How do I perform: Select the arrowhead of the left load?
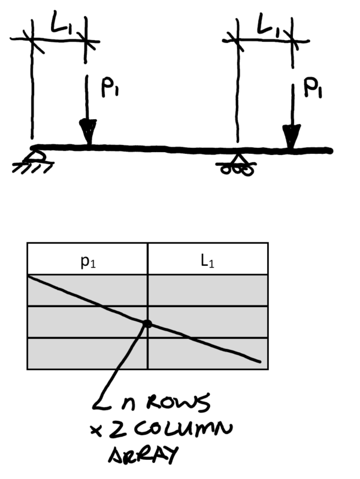(88, 132)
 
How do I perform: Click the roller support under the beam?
(238, 164)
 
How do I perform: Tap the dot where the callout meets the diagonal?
(147, 324)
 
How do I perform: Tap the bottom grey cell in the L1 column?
(207, 354)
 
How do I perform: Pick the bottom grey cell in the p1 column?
(87, 354)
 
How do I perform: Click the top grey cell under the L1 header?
(207, 290)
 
